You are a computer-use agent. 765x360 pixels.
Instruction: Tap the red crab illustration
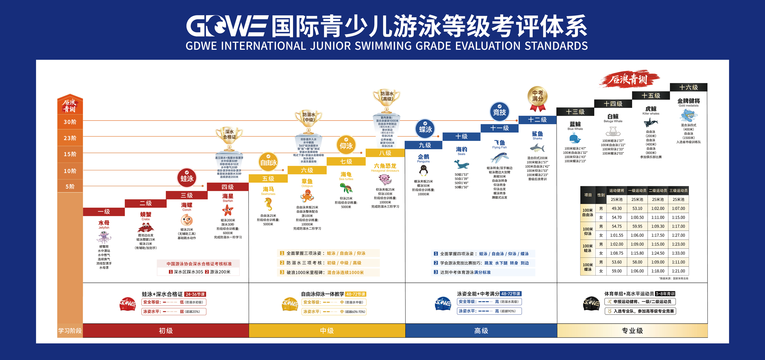click(x=146, y=228)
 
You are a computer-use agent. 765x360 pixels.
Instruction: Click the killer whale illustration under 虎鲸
click(x=651, y=123)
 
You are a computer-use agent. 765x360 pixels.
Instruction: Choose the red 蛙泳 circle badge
click(x=187, y=178)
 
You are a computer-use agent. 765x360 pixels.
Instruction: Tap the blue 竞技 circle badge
click(x=499, y=112)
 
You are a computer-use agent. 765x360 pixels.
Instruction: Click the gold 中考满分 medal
click(x=538, y=97)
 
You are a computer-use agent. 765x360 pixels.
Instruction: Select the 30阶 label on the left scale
click(x=70, y=122)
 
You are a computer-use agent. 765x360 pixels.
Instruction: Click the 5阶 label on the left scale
click(x=70, y=187)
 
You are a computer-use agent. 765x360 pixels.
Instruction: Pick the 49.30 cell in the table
click(x=617, y=209)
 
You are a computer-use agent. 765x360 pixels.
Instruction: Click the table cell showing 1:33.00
click(x=678, y=253)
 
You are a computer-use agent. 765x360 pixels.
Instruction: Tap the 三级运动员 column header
click(x=678, y=191)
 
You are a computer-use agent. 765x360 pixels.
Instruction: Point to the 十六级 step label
click(x=689, y=87)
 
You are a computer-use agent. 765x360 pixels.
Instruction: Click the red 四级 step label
click(x=228, y=187)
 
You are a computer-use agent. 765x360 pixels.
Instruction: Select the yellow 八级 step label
click(x=385, y=153)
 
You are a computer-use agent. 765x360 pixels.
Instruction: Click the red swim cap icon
click(x=128, y=304)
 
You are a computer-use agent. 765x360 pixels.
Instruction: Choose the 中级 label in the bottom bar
click(x=327, y=331)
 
